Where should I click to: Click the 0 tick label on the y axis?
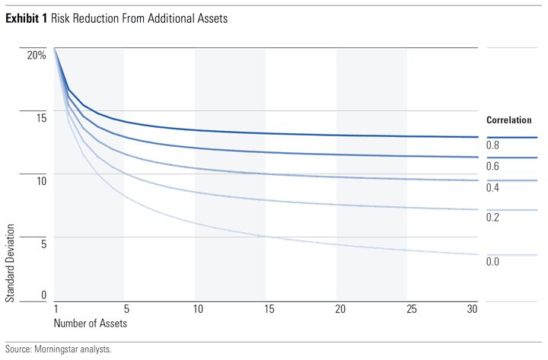coord(44,295)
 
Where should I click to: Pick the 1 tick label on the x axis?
coord(56,310)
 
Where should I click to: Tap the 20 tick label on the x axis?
coord(340,310)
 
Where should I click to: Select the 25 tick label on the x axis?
coord(411,310)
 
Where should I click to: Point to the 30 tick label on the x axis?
coord(472,310)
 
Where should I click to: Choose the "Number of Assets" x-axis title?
coord(90,323)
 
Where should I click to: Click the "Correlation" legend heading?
coord(508,120)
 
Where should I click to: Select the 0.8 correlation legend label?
coord(492,145)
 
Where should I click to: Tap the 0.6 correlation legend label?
coord(492,166)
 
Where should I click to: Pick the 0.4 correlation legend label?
coord(492,188)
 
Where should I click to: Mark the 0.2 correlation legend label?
coord(492,218)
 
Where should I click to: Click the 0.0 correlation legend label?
coord(492,262)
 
